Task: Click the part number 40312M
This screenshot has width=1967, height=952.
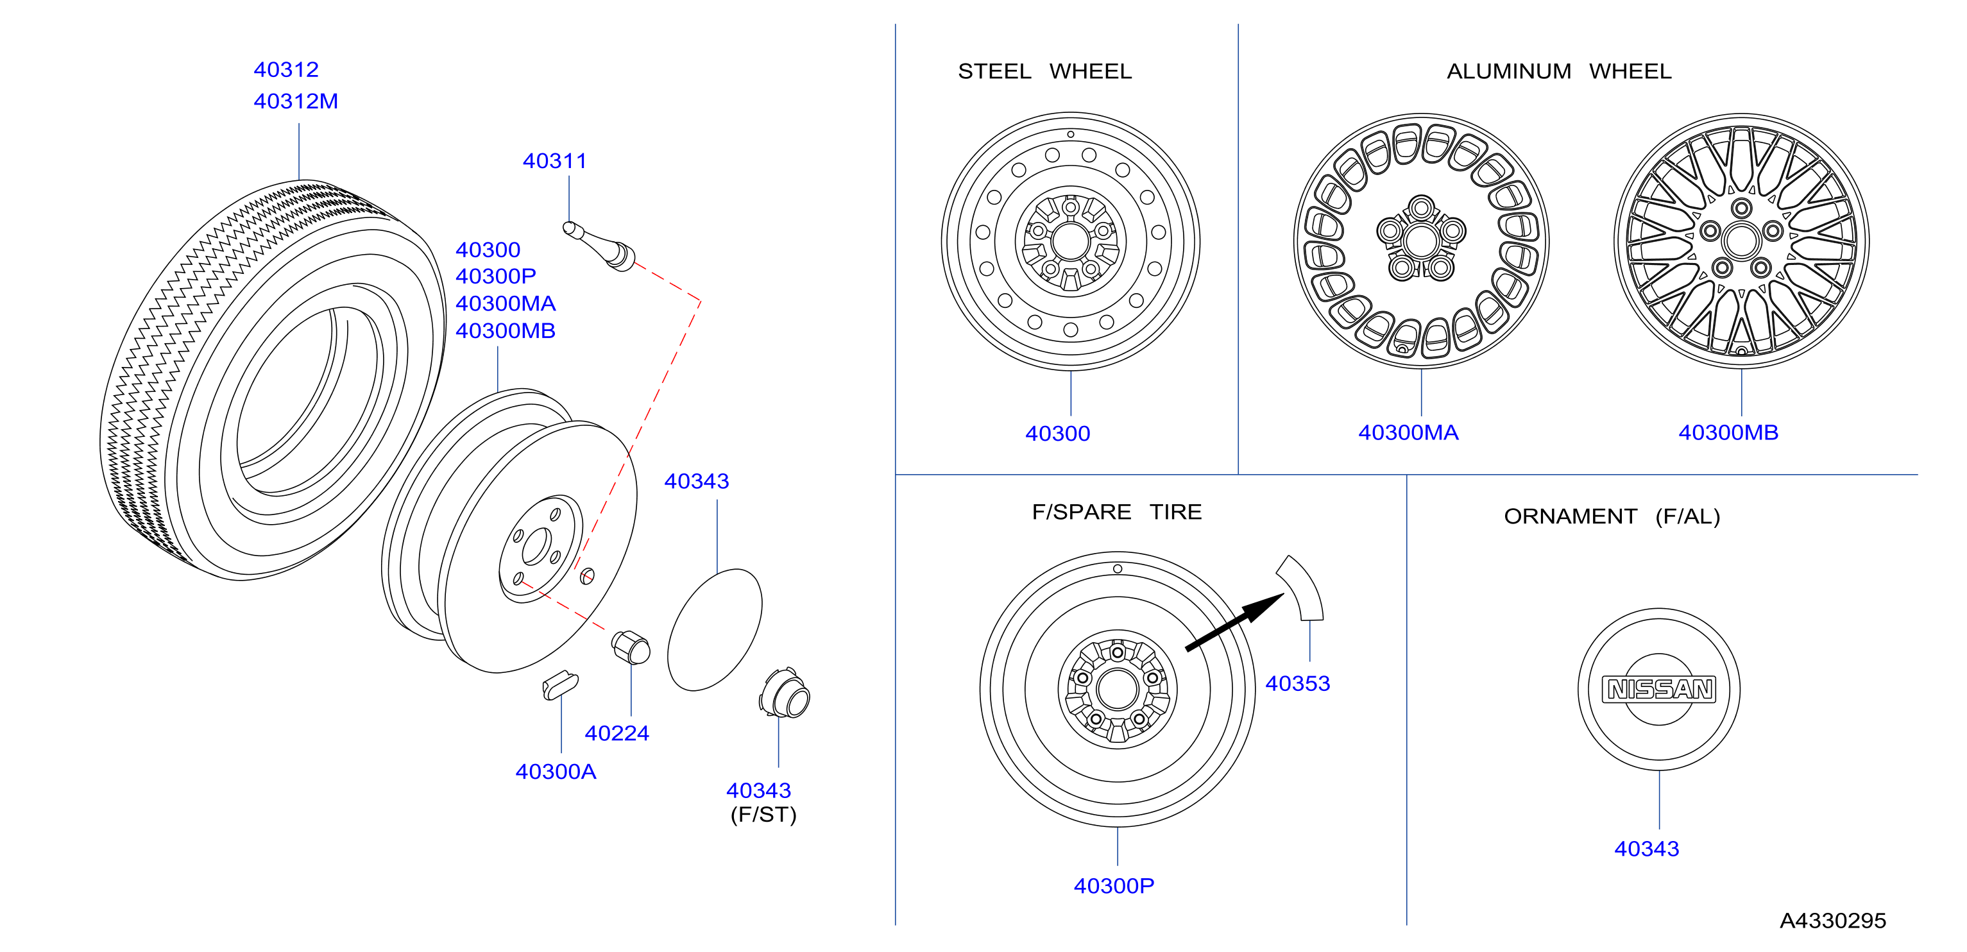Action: tap(296, 101)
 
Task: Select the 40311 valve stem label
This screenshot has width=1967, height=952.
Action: tap(554, 161)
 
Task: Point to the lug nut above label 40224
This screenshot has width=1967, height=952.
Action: tap(631, 647)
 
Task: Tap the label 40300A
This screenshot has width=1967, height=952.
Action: tap(556, 772)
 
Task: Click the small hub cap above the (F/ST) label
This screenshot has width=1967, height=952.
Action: tap(785, 693)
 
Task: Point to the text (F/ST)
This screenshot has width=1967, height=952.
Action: tap(763, 815)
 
